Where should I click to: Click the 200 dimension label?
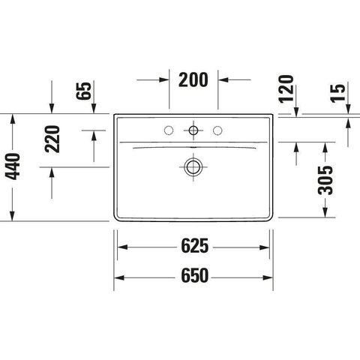[x=193, y=79]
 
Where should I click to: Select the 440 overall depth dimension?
[x=13, y=166]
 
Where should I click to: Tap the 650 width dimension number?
[x=194, y=275]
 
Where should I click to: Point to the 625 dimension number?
[x=194, y=246]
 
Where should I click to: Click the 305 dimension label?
[x=325, y=180]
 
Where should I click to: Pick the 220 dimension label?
[x=52, y=139]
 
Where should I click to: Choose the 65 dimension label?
[x=84, y=91]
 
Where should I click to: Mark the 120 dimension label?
[x=286, y=88]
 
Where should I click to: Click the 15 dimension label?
[x=338, y=93]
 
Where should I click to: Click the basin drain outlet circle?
[x=193, y=166]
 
